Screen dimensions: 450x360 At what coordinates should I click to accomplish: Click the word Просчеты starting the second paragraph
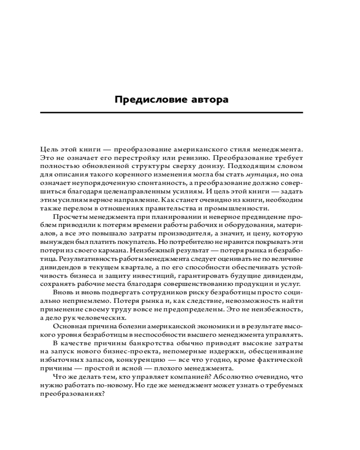pyautogui.click(x=68, y=217)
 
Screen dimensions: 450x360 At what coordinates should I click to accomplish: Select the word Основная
pyautogui.click(x=68, y=326)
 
